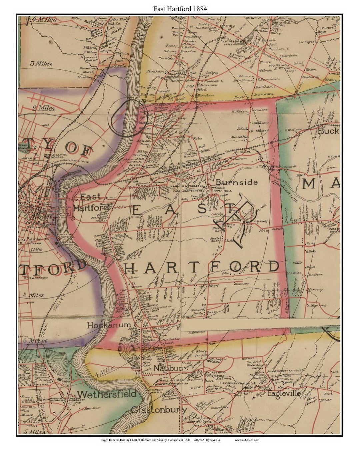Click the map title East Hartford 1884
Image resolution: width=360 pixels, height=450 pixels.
click(x=180, y=9)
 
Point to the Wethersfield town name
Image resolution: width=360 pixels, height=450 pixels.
click(x=107, y=394)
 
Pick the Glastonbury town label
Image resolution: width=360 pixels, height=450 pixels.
click(x=159, y=410)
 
